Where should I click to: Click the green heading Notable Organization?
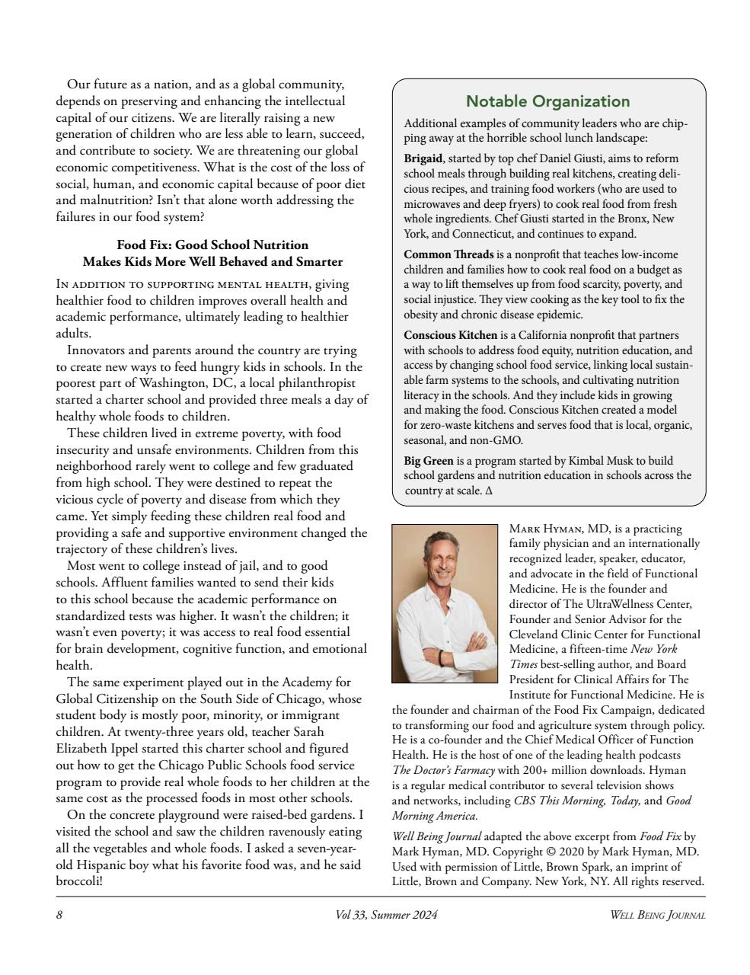[547, 101]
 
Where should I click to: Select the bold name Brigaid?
[423, 158]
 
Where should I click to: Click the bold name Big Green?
[428, 461]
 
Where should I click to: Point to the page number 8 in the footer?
[59, 916]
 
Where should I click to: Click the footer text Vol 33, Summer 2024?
[386, 916]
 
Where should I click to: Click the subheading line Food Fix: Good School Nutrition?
[212, 245]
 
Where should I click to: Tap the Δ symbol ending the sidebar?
[489, 491]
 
